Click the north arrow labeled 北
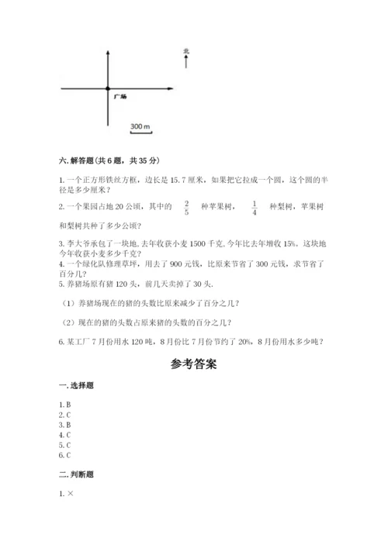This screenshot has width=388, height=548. pyautogui.click(x=186, y=58)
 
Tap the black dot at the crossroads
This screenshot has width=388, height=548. pyautogui.click(x=107, y=89)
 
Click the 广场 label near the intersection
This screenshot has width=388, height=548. pyautogui.click(x=120, y=97)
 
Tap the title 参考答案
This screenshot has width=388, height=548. pyautogui.click(x=193, y=365)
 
